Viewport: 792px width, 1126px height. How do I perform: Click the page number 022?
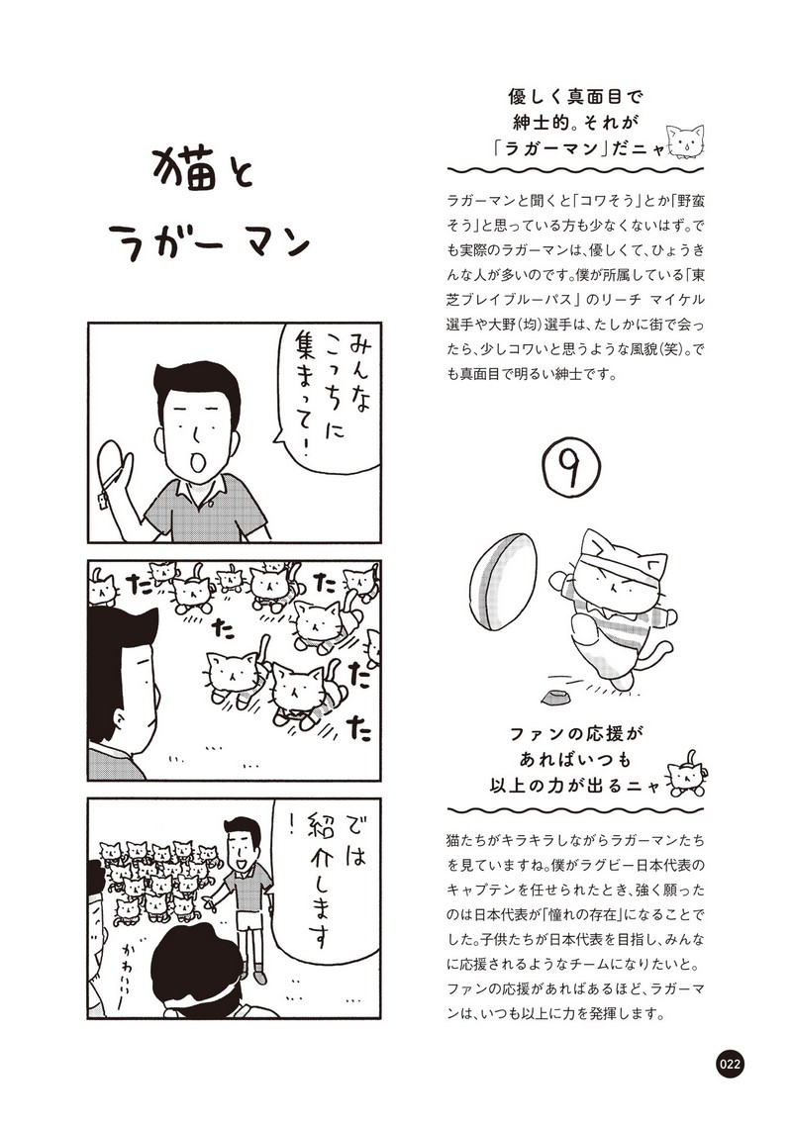729,1064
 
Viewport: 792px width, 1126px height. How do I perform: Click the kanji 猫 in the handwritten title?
186,169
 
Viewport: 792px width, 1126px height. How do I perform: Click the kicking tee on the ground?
554,696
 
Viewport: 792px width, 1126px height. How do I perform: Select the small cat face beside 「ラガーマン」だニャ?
684,141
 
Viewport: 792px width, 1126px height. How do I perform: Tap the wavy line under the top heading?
575,171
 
